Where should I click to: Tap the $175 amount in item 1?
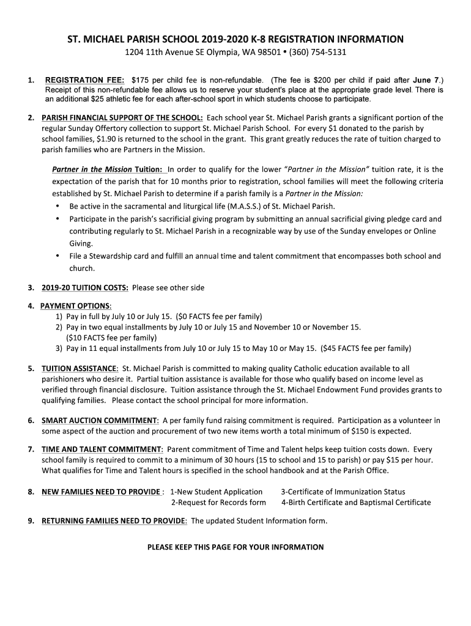pyautogui.click(x=140, y=80)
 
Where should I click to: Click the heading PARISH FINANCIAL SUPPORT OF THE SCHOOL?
pyautogui.click(x=122, y=117)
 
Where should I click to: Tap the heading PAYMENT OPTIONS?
pyautogui.click(x=76, y=306)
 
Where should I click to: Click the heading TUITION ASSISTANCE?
pyautogui.click(x=80, y=369)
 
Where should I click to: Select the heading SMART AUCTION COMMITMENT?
pyautogui.click(x=100, y=421)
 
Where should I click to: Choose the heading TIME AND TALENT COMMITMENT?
pyautogui.click(x=102, y=449)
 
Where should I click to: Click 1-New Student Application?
pyautogui.click(x=216, y=492)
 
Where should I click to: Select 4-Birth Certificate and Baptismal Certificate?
pyautogui.click(x=355, y=503)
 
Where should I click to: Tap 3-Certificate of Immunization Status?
pyautogui.click(x=343, y=492)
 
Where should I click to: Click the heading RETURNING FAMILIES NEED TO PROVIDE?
pyautogui.click(x=114, y=521)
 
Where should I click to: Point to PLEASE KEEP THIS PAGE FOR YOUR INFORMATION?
pyautogui.click(x=236, y=547)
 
